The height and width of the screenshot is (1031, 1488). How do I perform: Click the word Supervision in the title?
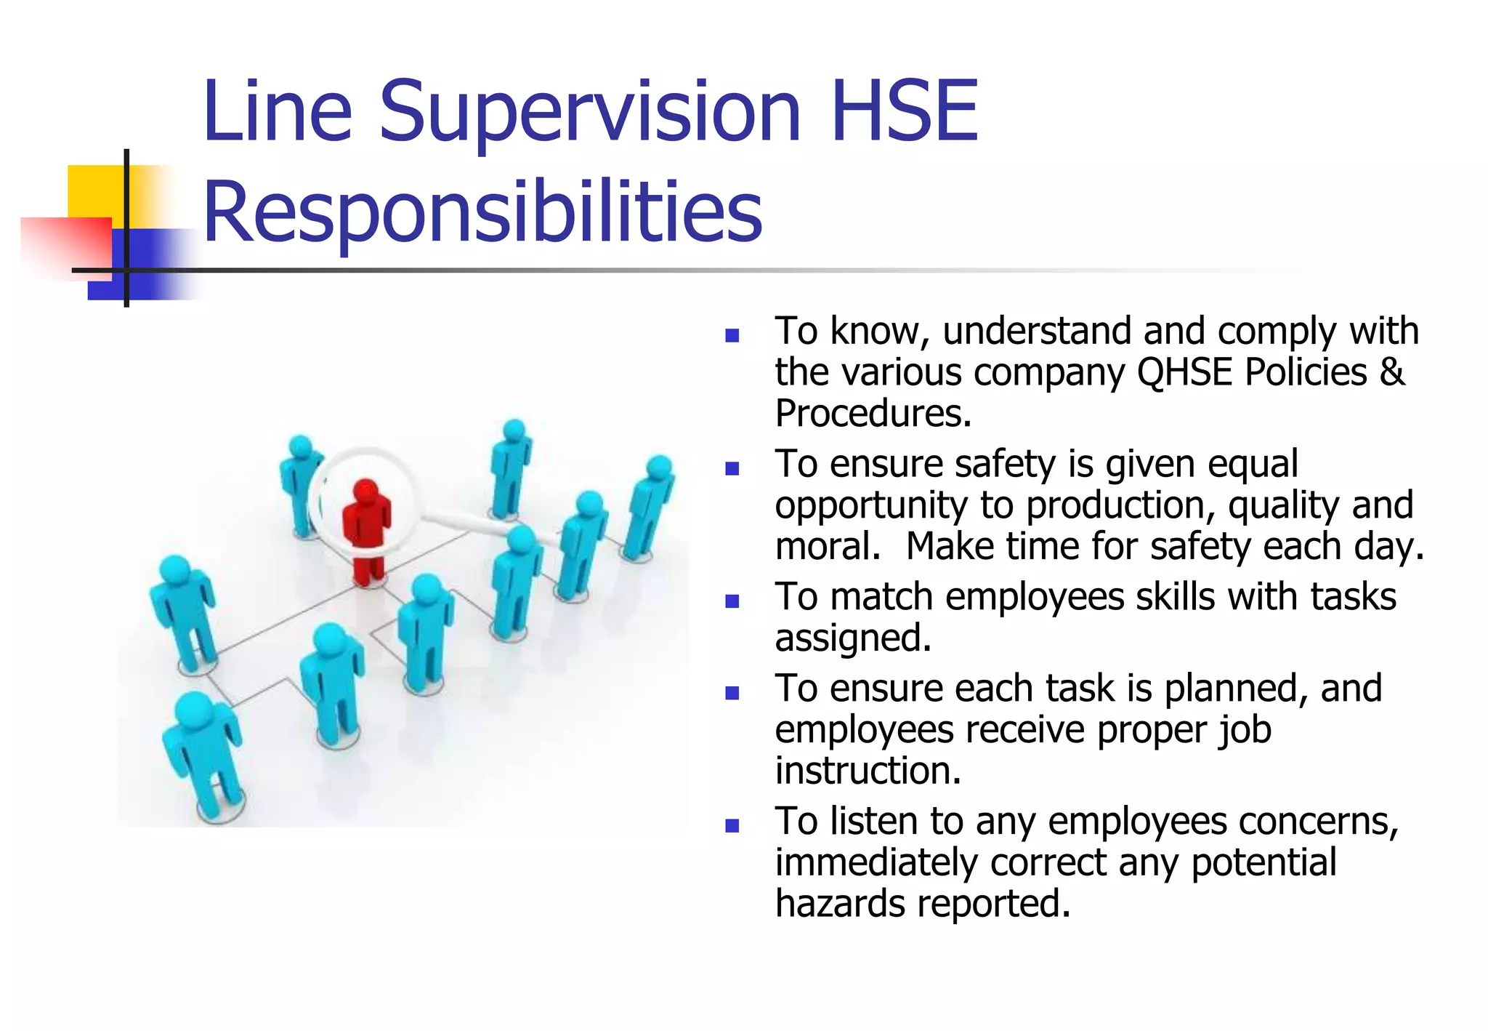(589, 113)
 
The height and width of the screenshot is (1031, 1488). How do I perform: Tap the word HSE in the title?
(904, 112)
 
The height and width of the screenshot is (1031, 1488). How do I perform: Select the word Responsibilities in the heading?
(482, 212)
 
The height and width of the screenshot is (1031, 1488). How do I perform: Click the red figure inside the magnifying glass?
(367, 531)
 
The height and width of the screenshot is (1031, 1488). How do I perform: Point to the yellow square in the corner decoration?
(94, 190)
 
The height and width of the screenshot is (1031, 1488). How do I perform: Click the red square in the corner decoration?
(65, 247)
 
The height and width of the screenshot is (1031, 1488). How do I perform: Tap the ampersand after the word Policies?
(1391, 372)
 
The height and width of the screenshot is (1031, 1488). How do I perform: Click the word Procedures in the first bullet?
(873, 414)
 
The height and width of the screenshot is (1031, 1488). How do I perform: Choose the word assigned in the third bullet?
(852, 639)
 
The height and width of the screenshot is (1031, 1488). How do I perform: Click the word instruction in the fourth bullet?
(868, 771)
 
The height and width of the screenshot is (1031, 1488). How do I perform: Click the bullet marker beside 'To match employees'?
(732, 601)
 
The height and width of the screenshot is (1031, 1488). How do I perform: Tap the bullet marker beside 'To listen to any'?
(732, 825)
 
